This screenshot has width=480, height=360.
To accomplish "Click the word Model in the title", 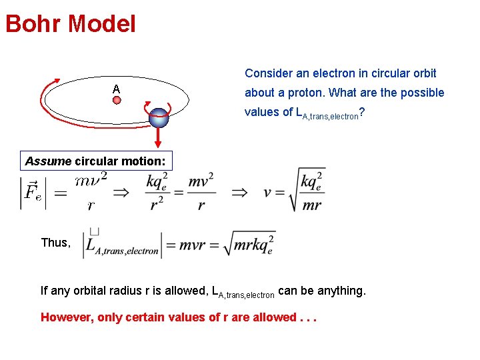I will (102, 25).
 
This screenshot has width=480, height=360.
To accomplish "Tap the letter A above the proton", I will (116, 89).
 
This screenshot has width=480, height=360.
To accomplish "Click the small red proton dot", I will (116, 101).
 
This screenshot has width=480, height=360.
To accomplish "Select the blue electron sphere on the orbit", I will (159, 117).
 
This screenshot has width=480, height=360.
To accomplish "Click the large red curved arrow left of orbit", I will (47, 100).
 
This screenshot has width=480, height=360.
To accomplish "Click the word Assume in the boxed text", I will (48, 161).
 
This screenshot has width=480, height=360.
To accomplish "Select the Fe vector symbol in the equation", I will (31, 193).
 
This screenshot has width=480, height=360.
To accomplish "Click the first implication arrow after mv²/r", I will (121, 193).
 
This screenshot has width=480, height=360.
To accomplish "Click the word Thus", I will (55, 243).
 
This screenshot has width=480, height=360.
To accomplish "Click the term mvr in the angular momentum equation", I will (201, 245).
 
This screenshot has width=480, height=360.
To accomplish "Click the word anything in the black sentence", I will (340, 291).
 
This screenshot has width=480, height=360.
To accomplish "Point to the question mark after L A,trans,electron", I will (361, 111).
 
